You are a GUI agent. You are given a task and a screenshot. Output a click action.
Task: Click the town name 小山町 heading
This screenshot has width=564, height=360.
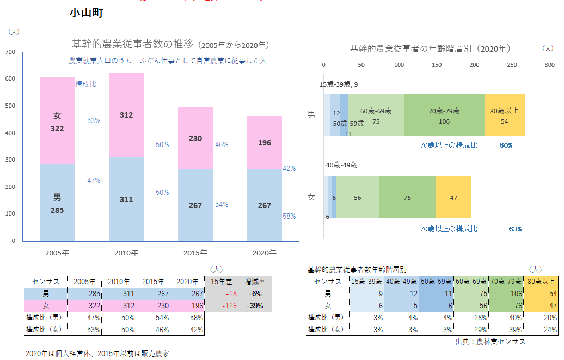(x=87, y=13)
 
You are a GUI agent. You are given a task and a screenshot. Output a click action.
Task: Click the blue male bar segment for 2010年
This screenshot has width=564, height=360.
(x=126, y=199)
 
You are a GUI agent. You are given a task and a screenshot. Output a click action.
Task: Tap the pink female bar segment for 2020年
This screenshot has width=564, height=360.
(x=265, y=143)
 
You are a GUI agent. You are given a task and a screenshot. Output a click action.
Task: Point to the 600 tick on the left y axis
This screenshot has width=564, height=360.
(x=10, y=79)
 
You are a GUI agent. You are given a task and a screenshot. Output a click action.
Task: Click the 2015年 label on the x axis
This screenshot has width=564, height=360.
(x=195, y=253)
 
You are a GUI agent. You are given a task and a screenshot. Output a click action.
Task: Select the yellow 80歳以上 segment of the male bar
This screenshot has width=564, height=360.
(x=504, y=115)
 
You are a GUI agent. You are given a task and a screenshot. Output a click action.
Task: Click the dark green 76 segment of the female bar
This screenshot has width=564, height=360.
(x=407, y=197)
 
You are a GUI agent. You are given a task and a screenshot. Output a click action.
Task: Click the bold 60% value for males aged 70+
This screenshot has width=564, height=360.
(x=506, y=145)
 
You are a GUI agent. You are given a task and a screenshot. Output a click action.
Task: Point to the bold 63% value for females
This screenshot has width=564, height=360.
(x=515, y=229)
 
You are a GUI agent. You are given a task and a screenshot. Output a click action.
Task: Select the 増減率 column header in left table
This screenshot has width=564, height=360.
(x=255, y=282)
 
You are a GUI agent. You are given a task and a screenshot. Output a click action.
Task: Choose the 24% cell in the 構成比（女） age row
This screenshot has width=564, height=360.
(x=541, y=330)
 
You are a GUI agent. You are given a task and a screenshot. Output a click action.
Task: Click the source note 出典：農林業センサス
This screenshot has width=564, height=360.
(x=490, y=341)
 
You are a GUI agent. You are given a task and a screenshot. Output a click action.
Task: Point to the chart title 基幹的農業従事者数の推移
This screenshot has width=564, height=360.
(x=133, y=44)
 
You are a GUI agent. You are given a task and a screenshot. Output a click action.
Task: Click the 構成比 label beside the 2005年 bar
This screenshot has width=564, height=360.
(x=86, y=83)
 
